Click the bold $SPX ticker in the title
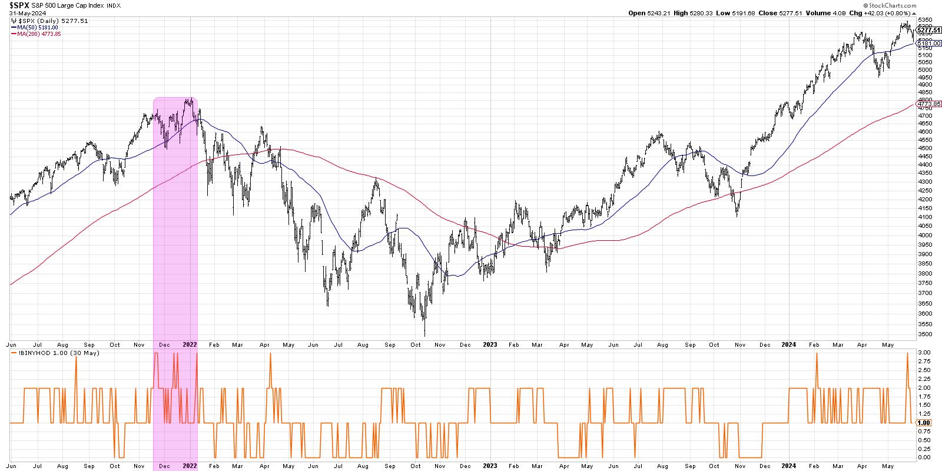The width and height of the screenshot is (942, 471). click(21, 6)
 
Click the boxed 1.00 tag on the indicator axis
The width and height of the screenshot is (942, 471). click(924, 423)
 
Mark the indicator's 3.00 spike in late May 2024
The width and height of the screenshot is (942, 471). click(907, 353)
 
